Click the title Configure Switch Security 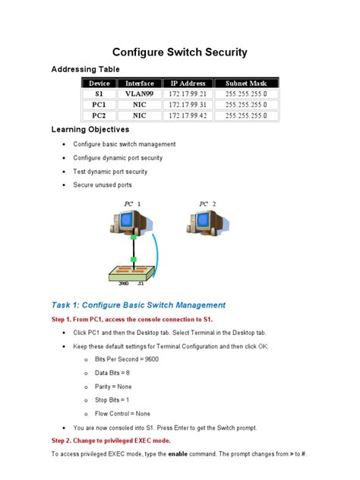179,52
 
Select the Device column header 99,84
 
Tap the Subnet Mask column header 246,84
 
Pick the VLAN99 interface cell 140,94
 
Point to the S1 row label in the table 99,94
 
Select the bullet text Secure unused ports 103,185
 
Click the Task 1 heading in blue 138,305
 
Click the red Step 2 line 111,441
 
